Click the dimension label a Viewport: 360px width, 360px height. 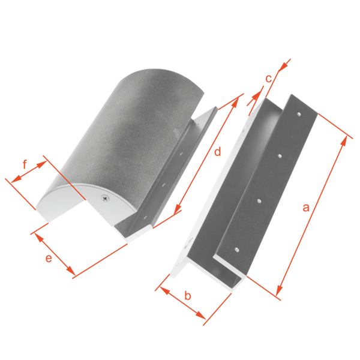pyautogui.click(x=306, y=208)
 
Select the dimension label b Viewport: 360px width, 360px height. pyautogui.click(x=188, y=295)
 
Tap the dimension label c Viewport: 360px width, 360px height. pyautogui.click(x=269, y=79)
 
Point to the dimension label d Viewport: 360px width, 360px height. pyautogui.click(x=217, y=151)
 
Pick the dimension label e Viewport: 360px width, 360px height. pyautogui.click(x=49, y=258)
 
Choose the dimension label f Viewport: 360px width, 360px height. pyautogui.click(x=25, y=164)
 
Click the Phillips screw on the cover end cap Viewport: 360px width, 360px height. pyautogui.click(x=106, y=197)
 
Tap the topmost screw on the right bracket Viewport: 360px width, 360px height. pyautogui.click(x=299, y=113)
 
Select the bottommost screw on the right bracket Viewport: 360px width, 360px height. pyautogui.click(x=237, y=249)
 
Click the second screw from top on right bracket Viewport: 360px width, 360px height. pyautogui.click(x=280, y=156)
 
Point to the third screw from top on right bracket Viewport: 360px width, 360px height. pyautogui.click(x=259, y=202)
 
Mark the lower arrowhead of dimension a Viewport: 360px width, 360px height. pyautogui.click(x=280, y=290)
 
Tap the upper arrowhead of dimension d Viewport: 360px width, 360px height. pyautogui.click(x=235, y=102)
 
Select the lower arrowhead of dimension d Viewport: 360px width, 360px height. pyautogui.click(x=178, y=209)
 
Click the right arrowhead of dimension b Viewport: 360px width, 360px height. pyautogui.click(x=200, y=316)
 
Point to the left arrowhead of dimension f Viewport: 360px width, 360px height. pyautogui.click(x=16, y=179)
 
